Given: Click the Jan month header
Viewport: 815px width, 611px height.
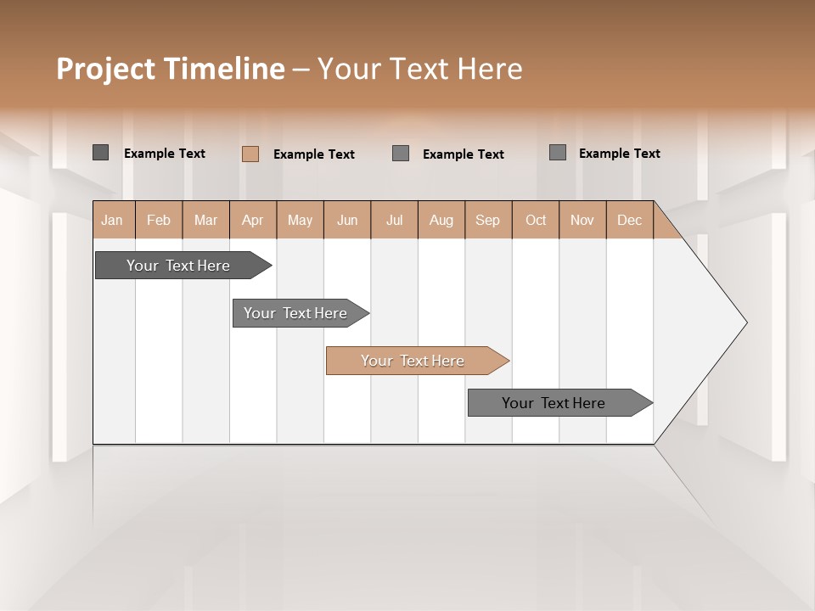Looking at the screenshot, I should (113, 220).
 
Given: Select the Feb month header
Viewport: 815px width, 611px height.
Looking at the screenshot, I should (159, 220).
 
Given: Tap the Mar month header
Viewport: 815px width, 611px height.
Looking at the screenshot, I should (205, 220).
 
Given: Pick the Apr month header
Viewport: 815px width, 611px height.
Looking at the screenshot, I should (253, 220).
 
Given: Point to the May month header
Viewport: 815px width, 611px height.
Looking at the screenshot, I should (300, 220).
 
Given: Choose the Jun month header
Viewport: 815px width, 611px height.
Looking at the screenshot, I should (347, 220).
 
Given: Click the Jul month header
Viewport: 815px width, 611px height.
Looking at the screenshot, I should (394, 220).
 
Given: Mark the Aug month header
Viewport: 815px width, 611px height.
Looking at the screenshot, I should (441, 220).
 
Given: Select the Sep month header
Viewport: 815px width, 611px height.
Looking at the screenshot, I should (488, 220).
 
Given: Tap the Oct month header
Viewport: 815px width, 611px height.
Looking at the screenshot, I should (536, 220).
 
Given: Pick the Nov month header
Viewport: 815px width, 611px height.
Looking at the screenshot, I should (582, 220).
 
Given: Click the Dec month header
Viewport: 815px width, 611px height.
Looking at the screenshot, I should (630, 220).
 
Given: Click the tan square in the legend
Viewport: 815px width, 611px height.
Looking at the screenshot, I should (250, 154).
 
